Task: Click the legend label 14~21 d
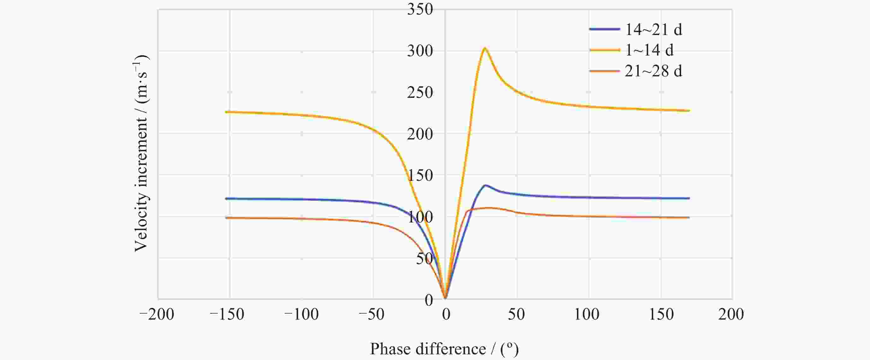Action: click(653, 30)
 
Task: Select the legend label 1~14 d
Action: click(649, 50)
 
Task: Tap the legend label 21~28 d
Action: click(653, 71)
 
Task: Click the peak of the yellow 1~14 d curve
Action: click(485, 48)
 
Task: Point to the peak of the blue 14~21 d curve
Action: click(485, 185)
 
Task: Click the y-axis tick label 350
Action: click(420, 9)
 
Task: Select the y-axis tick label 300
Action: click(420, 51)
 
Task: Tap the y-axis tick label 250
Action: click(420, 93)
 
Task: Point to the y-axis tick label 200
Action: click(420, 134)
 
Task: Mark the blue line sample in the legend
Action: click(605, 29)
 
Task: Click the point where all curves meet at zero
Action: click(445, 298)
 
